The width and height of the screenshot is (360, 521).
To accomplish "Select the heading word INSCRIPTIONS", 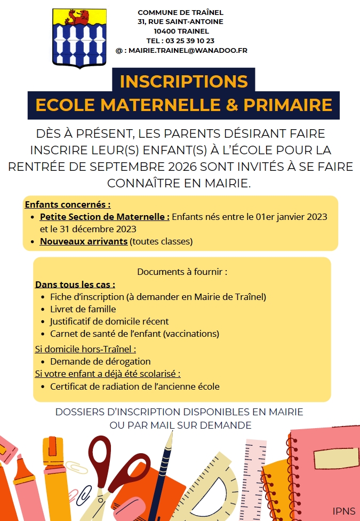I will (184, 81).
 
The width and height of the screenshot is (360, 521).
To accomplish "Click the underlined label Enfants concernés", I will (68, 204).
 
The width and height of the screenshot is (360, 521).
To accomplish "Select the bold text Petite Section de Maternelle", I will (105, 217).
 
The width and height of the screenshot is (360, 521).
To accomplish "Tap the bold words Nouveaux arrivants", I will (84, 241).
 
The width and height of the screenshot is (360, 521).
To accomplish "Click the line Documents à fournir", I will (182, 272).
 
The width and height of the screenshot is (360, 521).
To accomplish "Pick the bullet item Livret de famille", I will (83, 309).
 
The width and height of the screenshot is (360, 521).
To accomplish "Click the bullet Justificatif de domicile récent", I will (109, 321).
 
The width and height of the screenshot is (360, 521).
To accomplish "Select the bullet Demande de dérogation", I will (100, 361).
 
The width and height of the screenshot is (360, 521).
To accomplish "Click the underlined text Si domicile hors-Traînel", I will (85, 349).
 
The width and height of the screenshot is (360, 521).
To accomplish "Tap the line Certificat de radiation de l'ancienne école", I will (134, 386).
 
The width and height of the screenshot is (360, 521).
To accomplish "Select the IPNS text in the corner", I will (343, 511).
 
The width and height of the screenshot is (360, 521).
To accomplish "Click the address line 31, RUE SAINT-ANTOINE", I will (180, 22).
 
